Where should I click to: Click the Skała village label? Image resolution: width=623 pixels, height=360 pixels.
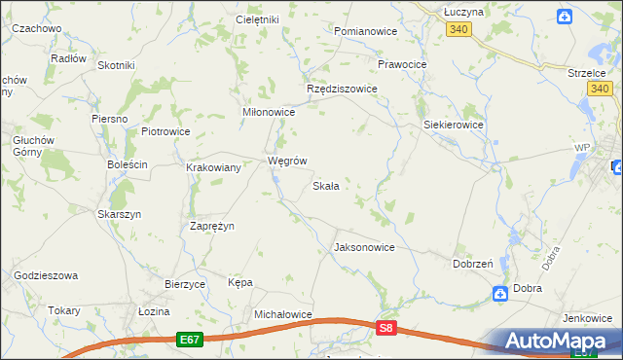click(325, 186)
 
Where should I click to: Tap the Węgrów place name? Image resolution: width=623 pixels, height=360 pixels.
click(287, 162)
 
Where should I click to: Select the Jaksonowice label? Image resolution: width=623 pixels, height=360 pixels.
click(364, 247)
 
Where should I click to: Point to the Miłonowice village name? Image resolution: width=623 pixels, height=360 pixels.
click(268, 112)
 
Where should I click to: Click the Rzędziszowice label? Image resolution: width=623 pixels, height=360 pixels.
click(342, 88)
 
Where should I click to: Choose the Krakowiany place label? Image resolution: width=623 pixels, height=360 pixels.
click(213, 167)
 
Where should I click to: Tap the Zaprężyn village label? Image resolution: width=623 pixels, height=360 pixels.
click(211, 226)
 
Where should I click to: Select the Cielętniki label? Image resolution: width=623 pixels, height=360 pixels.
click(258, 19)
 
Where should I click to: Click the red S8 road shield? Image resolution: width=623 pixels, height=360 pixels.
click(386, 329)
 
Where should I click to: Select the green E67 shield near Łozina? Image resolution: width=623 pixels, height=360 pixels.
click(190, 339)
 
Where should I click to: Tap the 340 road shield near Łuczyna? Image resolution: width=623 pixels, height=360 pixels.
click(460, 30)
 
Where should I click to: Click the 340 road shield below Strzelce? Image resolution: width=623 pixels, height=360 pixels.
click(601, 90)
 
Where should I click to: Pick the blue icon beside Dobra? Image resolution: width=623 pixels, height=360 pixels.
click(498, 292)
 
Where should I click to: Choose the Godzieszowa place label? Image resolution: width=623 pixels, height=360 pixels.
click(46, 276)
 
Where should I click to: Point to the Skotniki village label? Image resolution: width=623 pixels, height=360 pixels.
click(116, 65)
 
